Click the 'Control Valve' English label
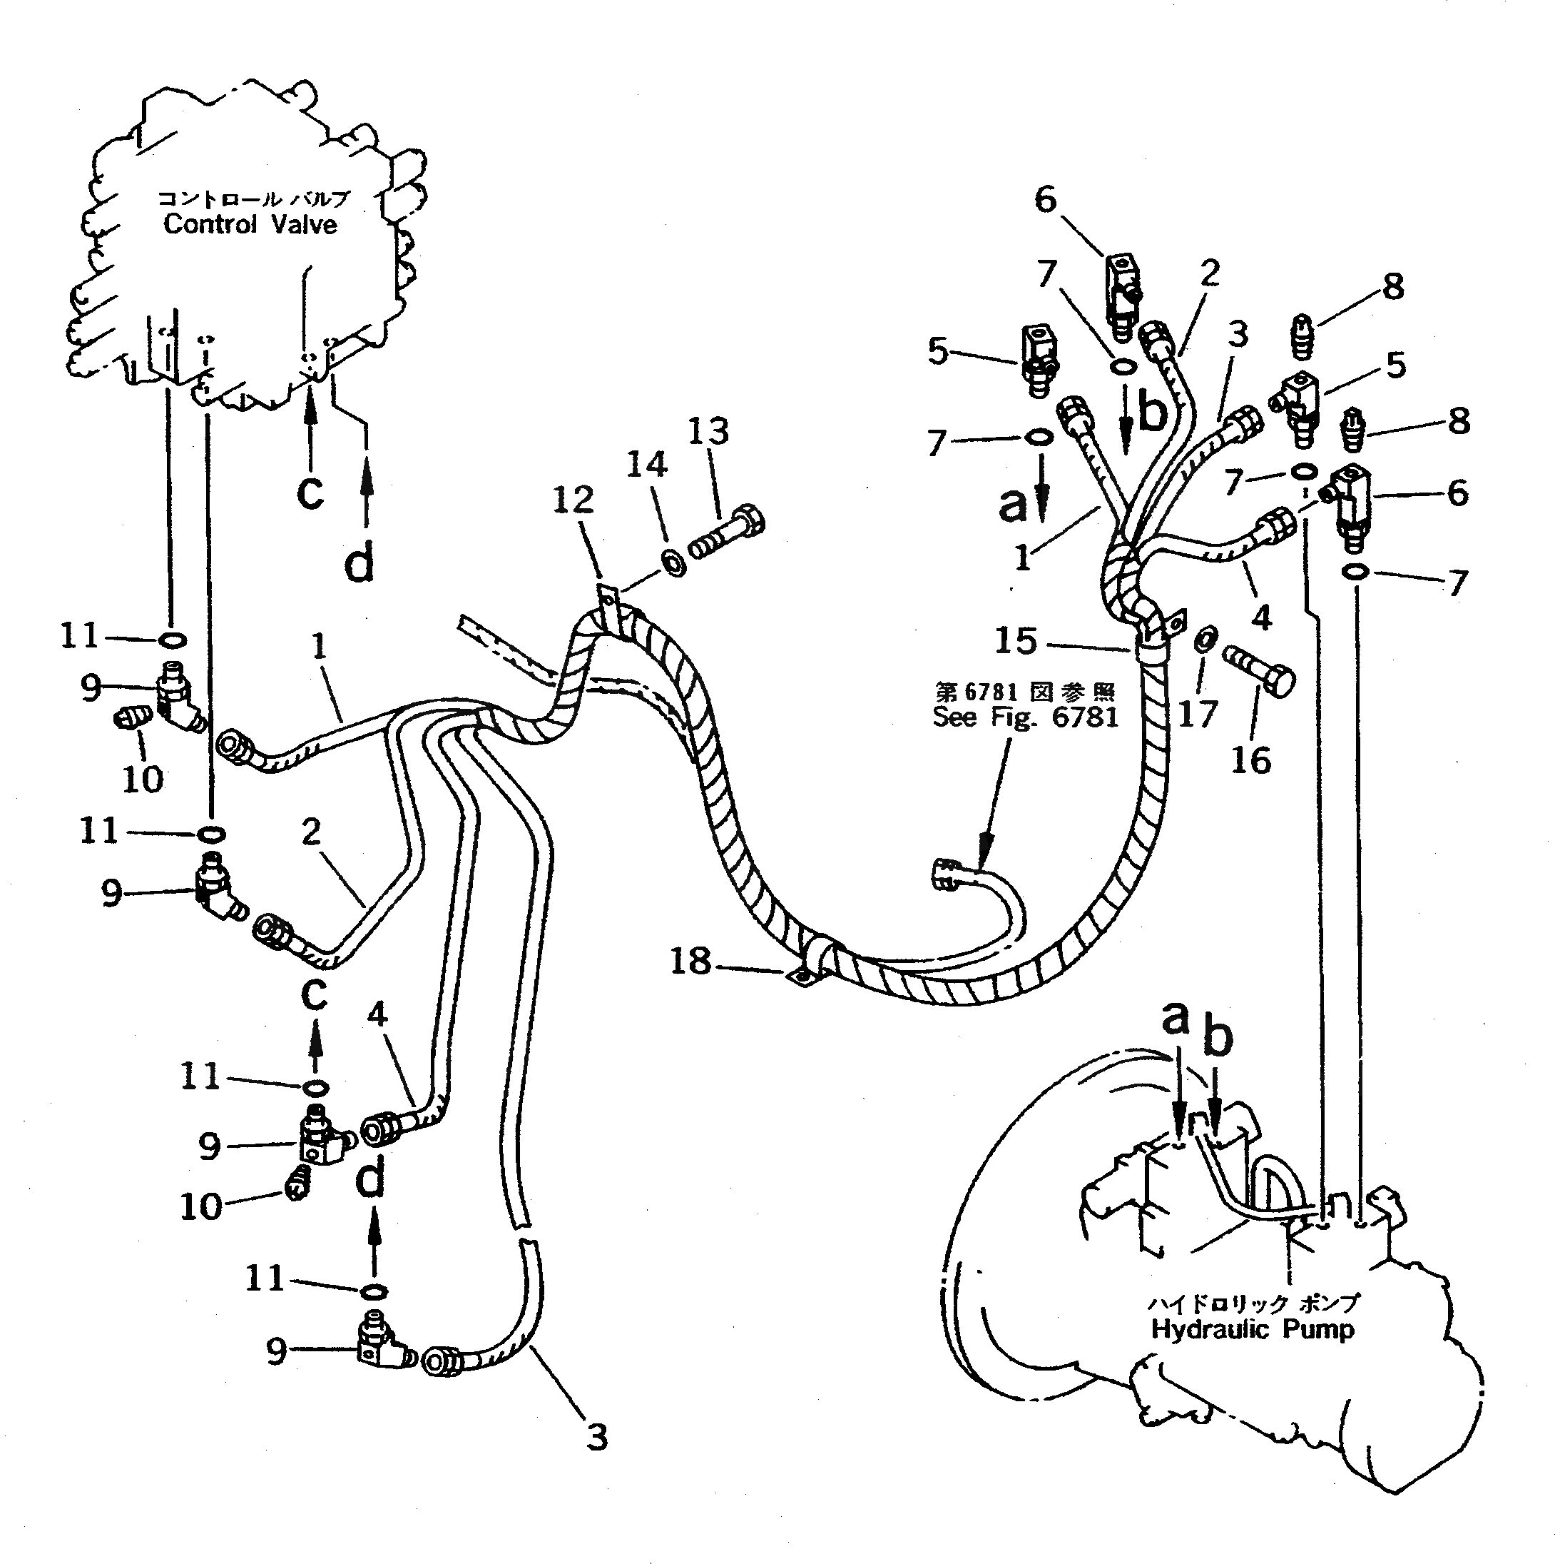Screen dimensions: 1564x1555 click(250, 224)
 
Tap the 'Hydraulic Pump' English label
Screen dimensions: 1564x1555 click(1253, 1328)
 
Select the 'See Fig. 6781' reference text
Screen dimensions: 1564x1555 click(1025, 717)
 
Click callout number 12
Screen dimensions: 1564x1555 click(573, 500)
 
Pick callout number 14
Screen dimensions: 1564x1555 click(647, 465)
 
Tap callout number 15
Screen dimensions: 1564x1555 click(1016, 641)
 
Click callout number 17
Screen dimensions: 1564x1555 click(1198, 714)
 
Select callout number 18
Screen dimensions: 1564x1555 click(690, 961)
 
